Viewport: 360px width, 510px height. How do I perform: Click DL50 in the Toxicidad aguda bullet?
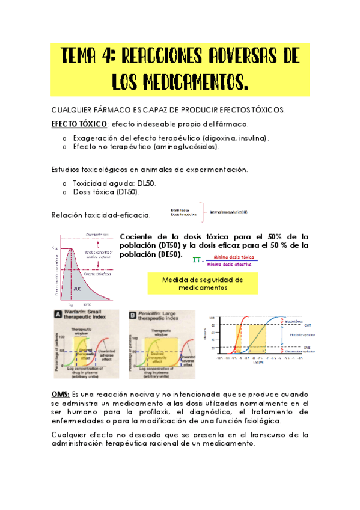[145, 183]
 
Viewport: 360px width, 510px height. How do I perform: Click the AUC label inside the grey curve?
[77, 289]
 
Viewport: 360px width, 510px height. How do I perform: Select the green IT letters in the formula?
[195, 260]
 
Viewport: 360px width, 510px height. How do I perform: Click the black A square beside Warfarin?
[58, 314]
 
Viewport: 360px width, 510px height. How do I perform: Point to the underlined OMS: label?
[60, 393]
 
